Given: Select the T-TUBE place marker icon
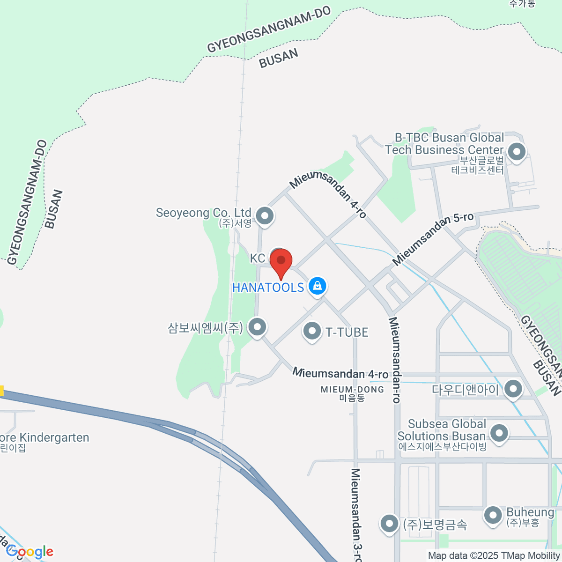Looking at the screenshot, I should coord(312,331).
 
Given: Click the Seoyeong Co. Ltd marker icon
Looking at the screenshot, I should coord(265,216).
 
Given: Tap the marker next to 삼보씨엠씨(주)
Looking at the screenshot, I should coord(257,327).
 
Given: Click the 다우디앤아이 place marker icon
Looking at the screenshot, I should coord(513,389).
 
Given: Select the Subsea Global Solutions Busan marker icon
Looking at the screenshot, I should coord(499,433).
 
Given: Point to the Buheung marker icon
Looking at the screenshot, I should coord(493,515).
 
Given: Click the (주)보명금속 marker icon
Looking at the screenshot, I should coord(389,524).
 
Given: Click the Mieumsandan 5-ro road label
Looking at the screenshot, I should coord(433,239).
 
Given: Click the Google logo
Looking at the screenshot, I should coord(30,552).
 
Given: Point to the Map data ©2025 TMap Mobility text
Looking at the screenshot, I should coord(494,556).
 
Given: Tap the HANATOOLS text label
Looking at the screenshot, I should coord(268,287).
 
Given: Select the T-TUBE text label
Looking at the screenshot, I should coord(347,332).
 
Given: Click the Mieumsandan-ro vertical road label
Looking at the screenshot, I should coord(395,360).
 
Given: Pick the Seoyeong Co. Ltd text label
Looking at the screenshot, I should coord(203,213).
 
